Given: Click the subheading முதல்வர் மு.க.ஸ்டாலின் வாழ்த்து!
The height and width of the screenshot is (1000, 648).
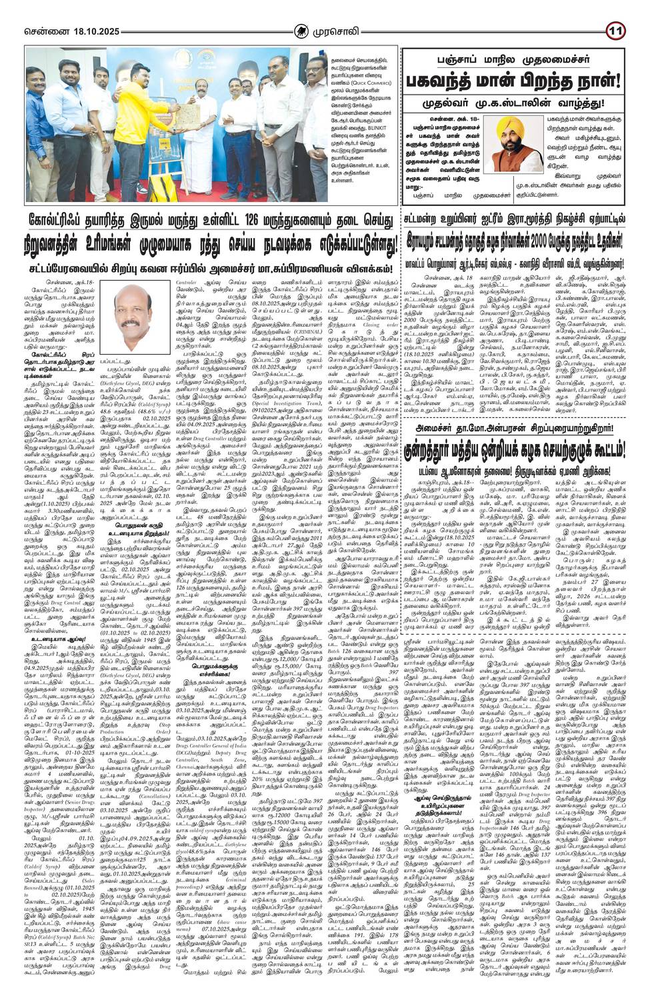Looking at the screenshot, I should click(x=516, y=105).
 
